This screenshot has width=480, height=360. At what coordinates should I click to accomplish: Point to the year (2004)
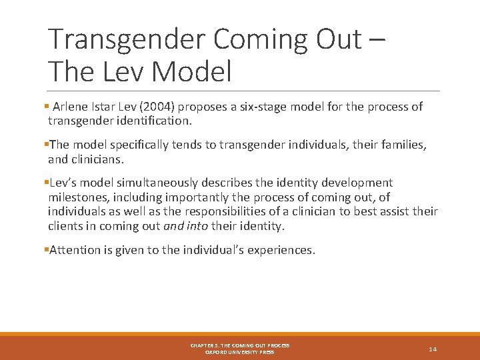157,107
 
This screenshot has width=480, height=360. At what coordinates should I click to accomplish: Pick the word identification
153,121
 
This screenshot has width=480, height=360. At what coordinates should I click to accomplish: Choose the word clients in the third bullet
65,226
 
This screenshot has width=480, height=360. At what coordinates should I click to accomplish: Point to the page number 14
433,349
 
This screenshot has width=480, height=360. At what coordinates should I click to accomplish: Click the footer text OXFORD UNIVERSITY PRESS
240,352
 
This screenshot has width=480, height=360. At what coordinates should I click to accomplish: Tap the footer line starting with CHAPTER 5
240,345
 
